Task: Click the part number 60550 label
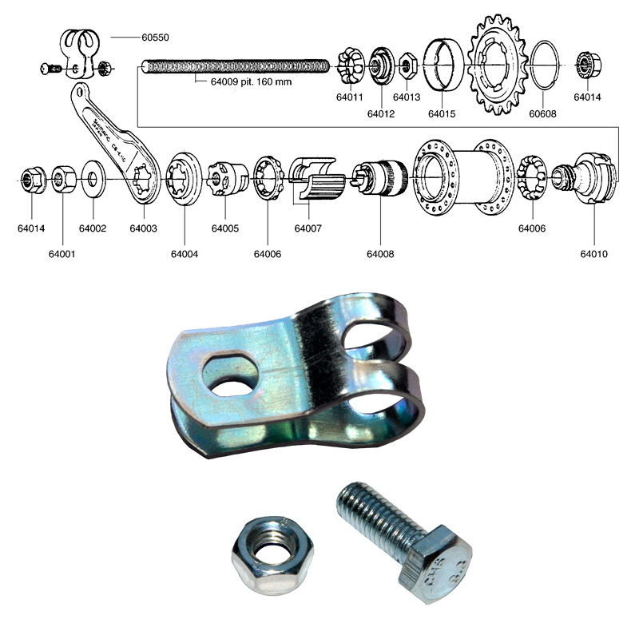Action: coord(156,38)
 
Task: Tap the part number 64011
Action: coord(350,97)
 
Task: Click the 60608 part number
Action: coord(542,114)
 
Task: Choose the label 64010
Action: coord(594,255)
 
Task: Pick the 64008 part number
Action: coord(380,255)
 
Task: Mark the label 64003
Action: coord(144,228)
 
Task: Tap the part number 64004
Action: coord(185,255)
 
